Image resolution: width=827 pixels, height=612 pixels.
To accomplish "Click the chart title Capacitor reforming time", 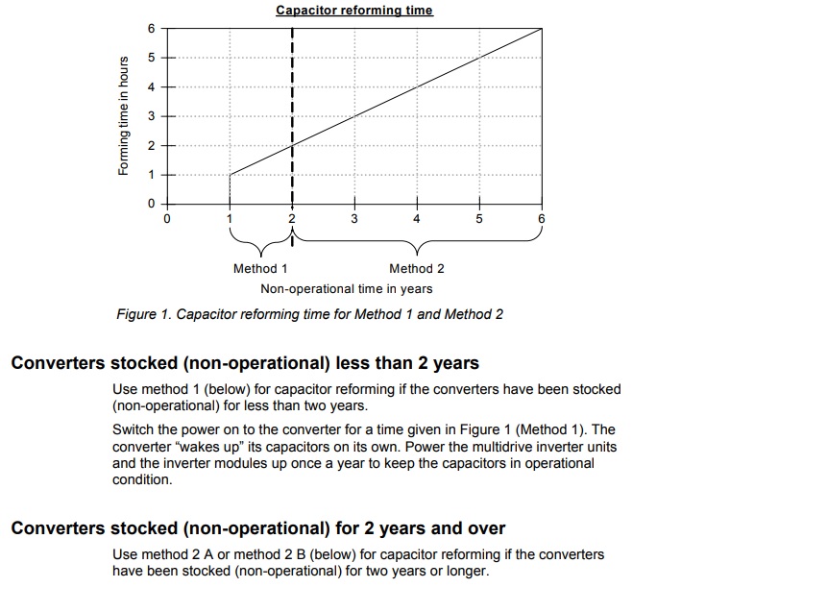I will pos(353,11).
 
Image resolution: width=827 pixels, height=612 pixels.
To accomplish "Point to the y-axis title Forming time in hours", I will pos(122,116).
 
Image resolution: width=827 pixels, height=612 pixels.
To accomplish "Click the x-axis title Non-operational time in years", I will pos(346,288).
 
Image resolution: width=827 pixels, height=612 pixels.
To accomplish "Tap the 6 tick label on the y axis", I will pos(150,29).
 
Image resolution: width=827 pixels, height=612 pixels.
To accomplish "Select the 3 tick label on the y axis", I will pos(150,116).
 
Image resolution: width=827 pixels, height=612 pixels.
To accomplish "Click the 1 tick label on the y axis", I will pos(150,175).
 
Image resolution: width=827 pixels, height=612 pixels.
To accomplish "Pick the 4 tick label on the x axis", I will pos(417,219).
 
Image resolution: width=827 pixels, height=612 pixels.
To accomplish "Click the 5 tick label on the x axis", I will pos(479,219).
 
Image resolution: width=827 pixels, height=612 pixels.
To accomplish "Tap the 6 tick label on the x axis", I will pos(542,219).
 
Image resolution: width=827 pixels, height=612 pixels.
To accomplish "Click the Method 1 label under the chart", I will pos(260,269).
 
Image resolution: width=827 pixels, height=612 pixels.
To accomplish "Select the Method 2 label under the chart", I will pos(417,269).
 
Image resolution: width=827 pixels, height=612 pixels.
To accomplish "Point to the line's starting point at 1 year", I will pos(231,175).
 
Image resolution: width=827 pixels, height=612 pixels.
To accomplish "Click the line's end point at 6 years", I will pos(542,29).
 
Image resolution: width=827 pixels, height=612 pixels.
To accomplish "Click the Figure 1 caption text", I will pos(309,314).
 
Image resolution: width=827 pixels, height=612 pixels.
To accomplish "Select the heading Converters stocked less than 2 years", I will pos(245,364).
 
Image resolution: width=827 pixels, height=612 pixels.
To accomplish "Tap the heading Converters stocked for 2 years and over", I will pos(257,528).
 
